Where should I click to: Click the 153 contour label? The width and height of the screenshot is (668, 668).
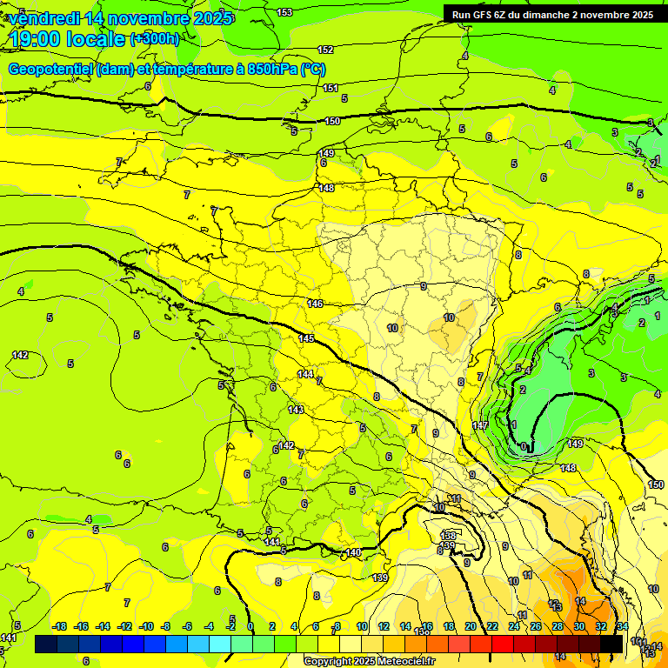click(284, 12)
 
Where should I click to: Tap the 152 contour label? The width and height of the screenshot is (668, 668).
click(325, 50)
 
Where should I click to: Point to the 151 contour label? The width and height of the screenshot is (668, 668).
click(331, 88)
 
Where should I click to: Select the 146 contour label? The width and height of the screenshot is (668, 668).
click(315, 304)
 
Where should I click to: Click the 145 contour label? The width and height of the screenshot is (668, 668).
click(306, 338)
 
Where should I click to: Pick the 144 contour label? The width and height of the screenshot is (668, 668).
click(305, 374)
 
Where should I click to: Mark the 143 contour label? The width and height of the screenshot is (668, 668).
click(296, 409)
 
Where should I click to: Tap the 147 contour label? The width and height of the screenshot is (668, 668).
click(480, 425)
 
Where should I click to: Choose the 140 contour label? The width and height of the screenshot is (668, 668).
click(353, 552)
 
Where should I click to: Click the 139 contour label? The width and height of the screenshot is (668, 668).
click(380, 578)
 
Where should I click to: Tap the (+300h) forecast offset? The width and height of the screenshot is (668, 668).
click(155, 39)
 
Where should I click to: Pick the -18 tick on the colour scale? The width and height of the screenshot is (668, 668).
click(59, 626)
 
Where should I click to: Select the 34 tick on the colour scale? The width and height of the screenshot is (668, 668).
click(622, 626)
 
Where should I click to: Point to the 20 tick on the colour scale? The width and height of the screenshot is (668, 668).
click(470, 626)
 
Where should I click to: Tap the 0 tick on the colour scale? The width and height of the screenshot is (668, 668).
click(250, 626)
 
